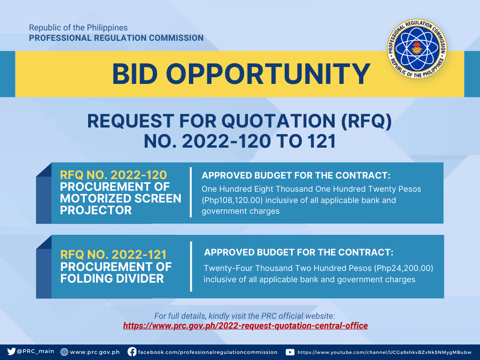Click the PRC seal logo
tap(417, 49)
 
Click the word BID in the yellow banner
tap(135, 74)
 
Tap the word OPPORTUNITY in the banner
tap(268, 74)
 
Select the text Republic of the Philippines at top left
tap(78, 28)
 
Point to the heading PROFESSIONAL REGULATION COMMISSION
tap(116, 38)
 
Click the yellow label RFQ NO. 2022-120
tap(113, 175)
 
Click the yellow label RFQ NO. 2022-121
tap(113, 255)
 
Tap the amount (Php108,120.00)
tap(232, 200)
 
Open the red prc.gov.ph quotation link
tap(246, 325)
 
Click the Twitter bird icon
tap(11, 352)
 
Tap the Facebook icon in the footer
tap(132, 352)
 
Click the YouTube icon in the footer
tap(290, 352)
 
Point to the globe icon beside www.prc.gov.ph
tap(64, 352)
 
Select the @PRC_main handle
tap(36, 352)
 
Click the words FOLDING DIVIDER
tap(112, 278)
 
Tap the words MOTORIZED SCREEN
tap(120, 198)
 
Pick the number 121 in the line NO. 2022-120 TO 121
tap(322, 142)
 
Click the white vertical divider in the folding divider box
tap(191, 266)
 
